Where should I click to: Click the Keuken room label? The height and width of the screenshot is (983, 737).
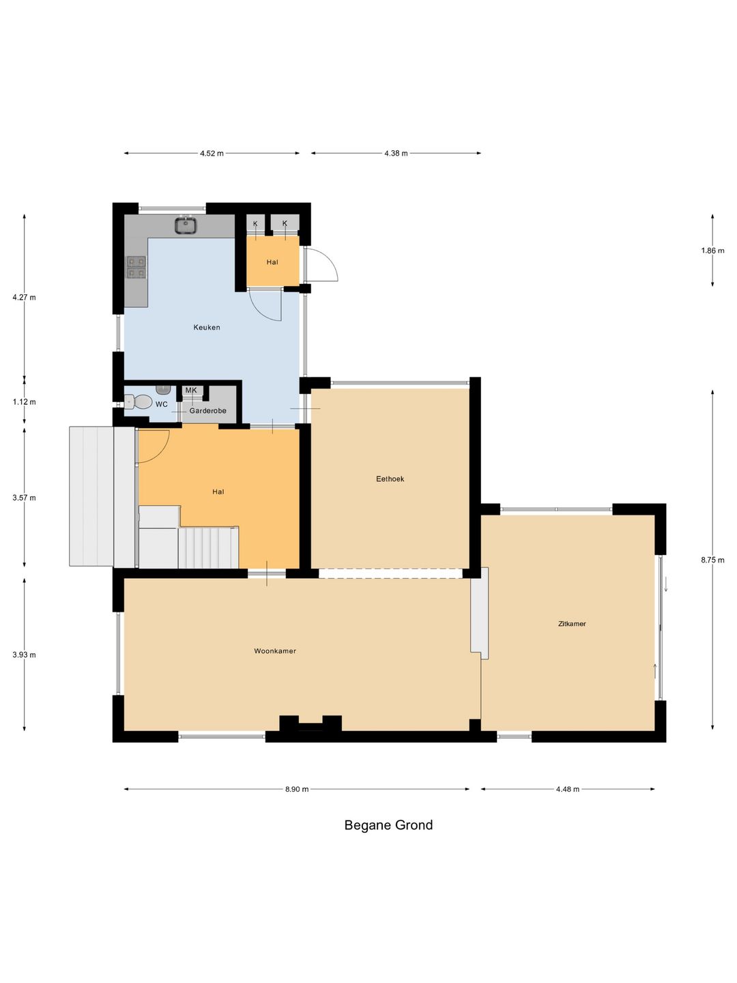pos(206,328)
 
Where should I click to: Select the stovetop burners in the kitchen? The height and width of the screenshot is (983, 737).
pos(136,267)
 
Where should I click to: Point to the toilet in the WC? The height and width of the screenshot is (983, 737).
pos(139,401)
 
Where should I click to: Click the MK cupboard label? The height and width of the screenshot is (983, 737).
pos(191,390)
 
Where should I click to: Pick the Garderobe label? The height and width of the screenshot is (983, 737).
pos(207,411)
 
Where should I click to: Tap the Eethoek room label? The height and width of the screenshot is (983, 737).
pos(390,479)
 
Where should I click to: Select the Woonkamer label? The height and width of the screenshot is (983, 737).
pos(275,651)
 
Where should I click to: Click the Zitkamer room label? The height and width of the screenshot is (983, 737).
pos(572,623)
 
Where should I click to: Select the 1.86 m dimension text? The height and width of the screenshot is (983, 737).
pos(712,251)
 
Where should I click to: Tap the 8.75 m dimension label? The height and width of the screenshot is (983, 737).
pos(712,560)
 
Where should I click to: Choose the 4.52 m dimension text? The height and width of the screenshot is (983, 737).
pos(212,153)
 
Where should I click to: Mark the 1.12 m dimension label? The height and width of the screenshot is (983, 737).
pos(24,401)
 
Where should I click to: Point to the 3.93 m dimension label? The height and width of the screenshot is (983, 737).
pos(24,654)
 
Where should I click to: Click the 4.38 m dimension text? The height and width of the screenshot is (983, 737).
pos(396,153)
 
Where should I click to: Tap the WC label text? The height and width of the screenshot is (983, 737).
pos(162,404)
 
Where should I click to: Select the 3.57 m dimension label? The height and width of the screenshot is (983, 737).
pos(24,498)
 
